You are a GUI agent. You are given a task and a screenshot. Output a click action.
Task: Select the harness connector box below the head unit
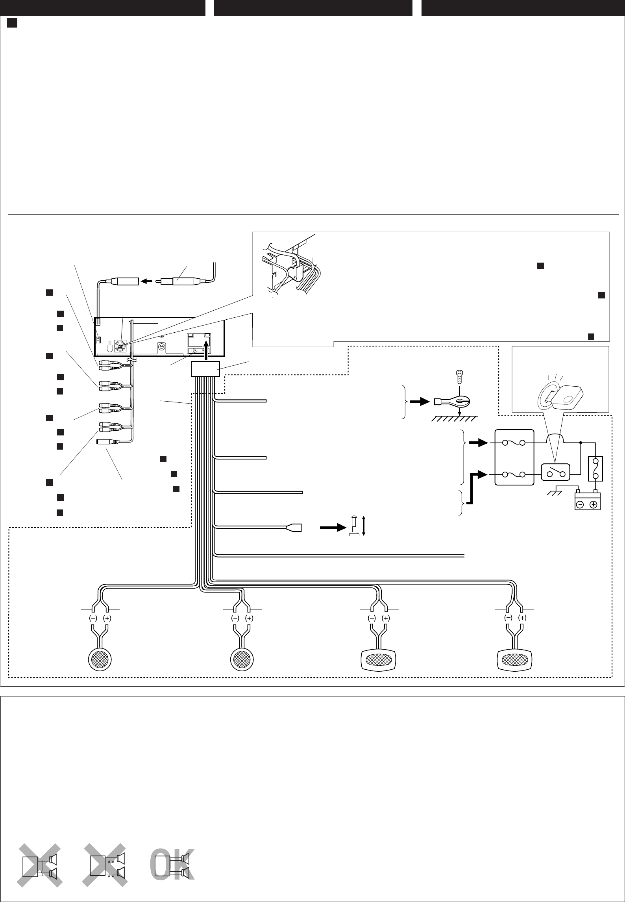[205, 369]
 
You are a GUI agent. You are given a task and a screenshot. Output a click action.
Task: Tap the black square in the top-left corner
[12, 24]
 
